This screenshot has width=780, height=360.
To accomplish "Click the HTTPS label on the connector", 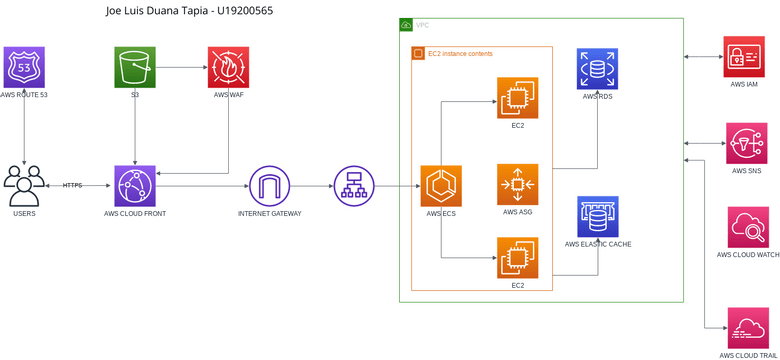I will pyautogui.click(x=72, y=185).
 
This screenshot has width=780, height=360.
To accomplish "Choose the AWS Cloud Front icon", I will pyautogui.click(x=133, y=185).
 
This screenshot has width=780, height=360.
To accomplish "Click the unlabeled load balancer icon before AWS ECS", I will pyautogui.click(x=353, y=185).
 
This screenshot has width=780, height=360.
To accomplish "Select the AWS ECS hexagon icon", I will pyautogui.click(x=440, y=185).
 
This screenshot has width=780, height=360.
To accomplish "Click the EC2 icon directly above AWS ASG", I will pyautogui.click(x=517, y=97).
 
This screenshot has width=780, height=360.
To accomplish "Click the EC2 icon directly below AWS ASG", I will pyautogui.click(x=517, y=257).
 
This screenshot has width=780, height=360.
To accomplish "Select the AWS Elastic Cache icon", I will pyautogui.click(x=597, y=216).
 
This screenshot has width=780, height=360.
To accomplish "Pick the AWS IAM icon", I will pyautogui.click(x=744, y=57).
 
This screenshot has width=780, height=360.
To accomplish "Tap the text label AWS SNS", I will pyautogui.click(x=744, y=171).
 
